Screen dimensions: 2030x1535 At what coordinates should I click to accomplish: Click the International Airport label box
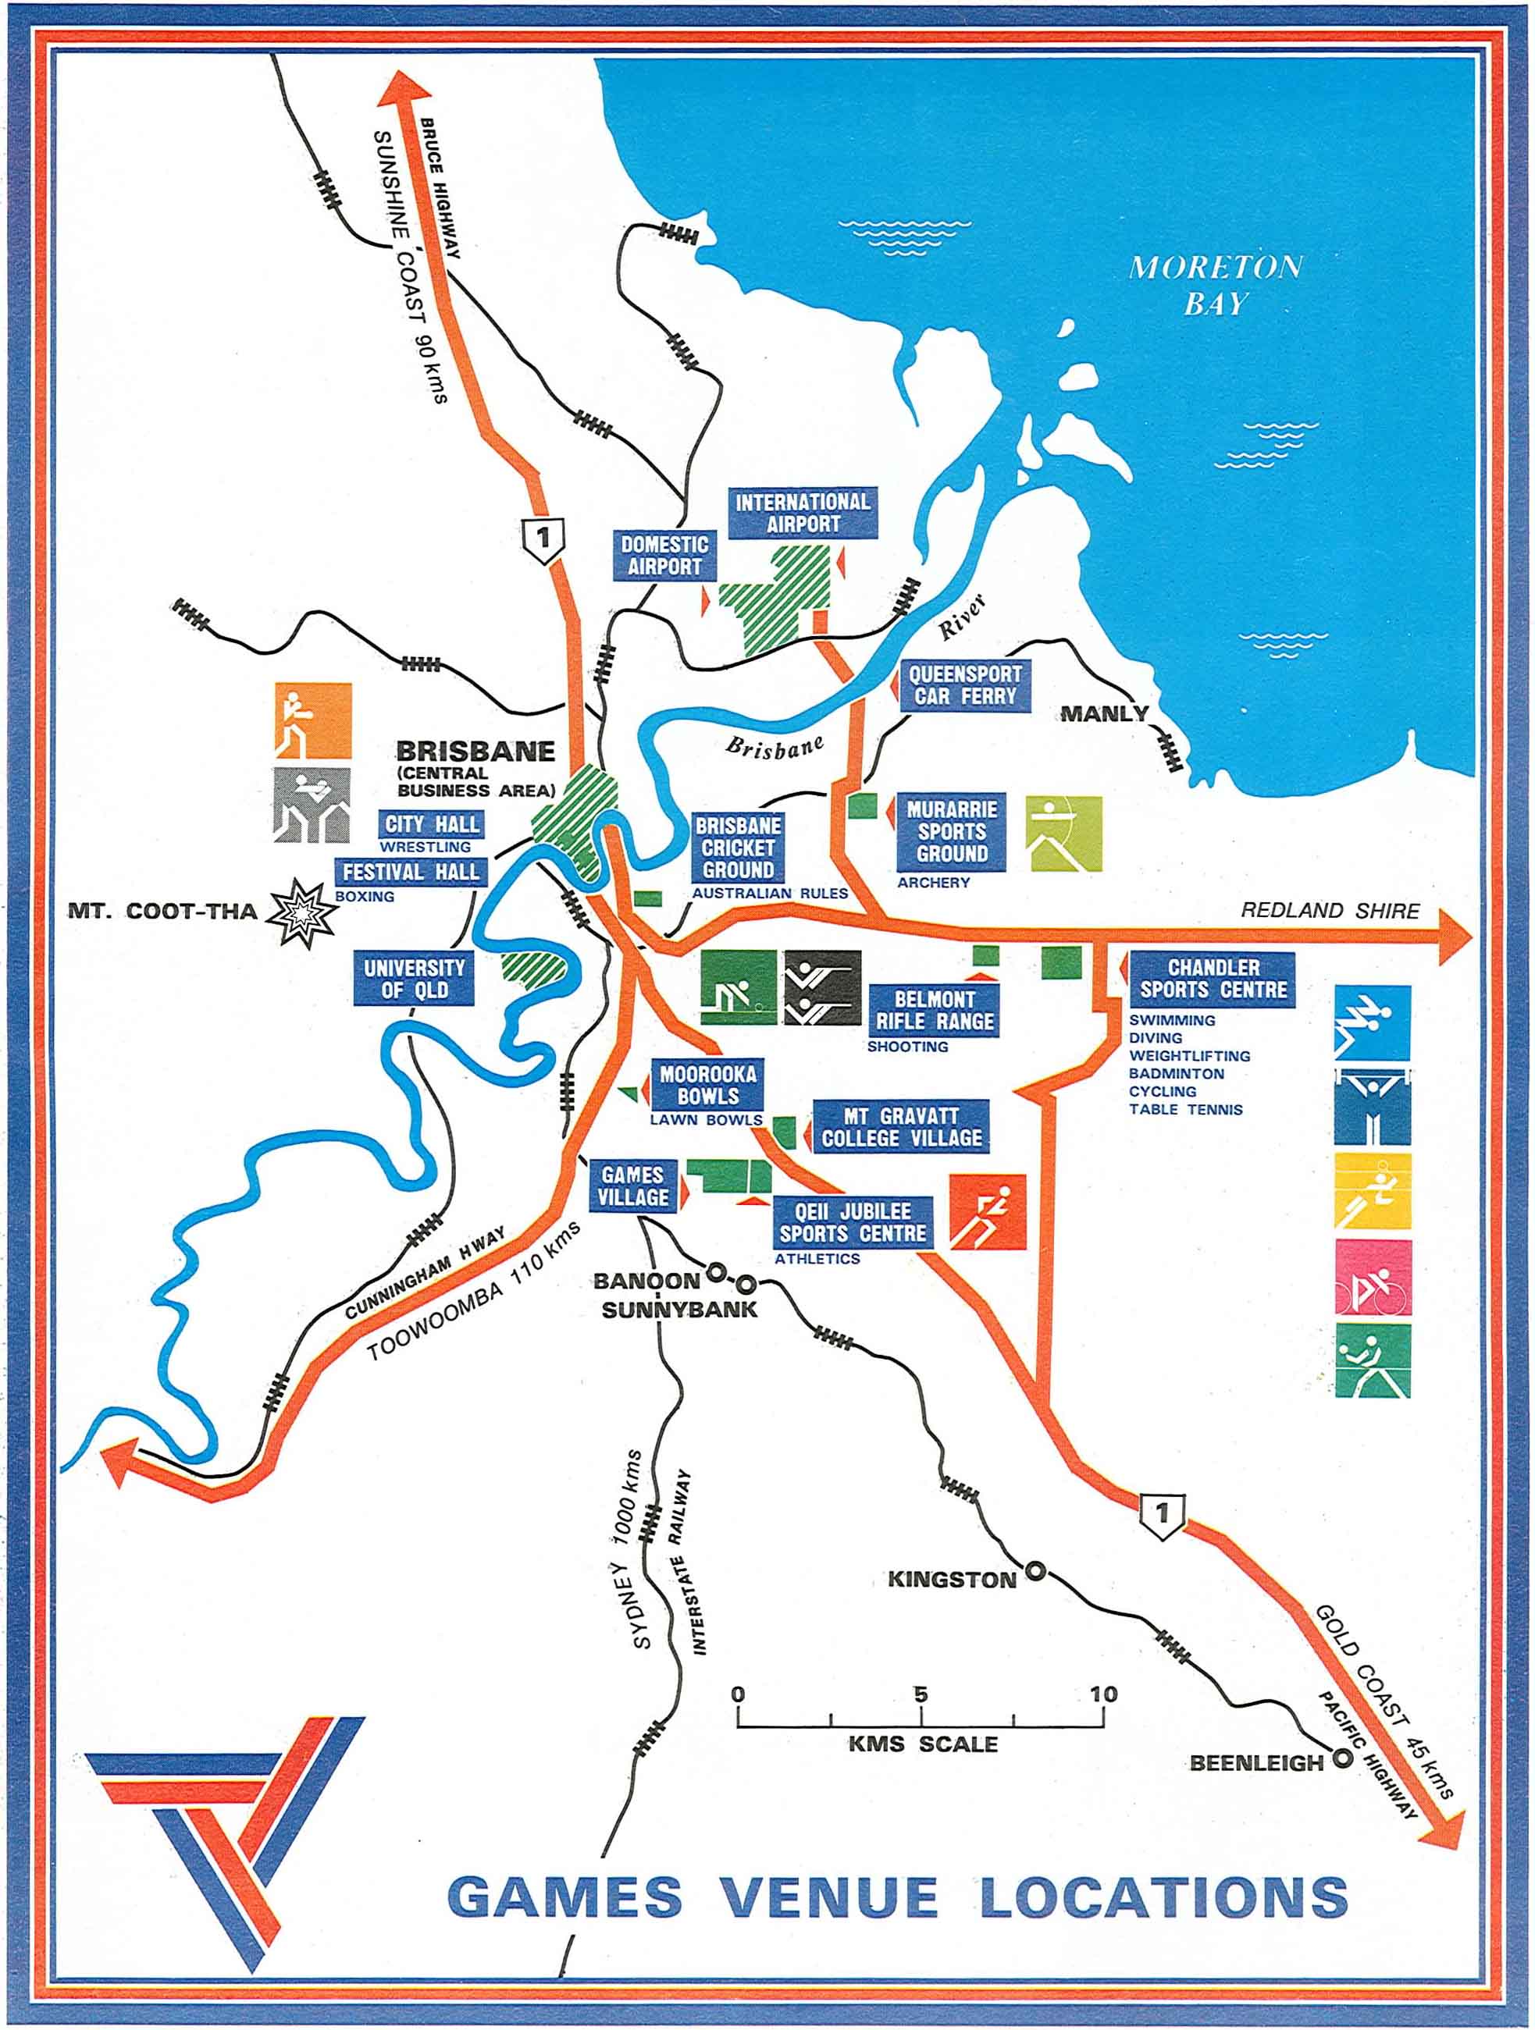(803, 513)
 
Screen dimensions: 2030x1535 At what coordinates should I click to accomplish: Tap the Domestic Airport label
(664, 555)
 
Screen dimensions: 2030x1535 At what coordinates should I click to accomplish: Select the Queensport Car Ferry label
(964, 684)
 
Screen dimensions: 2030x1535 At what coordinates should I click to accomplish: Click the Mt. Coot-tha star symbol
(300, 912)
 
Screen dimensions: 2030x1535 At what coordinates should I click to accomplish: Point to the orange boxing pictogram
(312, 720)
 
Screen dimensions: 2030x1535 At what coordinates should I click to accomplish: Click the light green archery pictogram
(1063, 834)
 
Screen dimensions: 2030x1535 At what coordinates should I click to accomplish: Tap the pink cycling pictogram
(1373, 1278)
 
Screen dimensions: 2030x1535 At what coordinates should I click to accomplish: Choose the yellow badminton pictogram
(1373, 1191)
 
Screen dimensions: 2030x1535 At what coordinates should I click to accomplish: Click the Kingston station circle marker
(1035, 1571)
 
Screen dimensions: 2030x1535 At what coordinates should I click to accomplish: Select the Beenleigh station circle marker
(1342, 1758)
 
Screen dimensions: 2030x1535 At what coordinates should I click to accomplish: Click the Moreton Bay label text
(1216, 285)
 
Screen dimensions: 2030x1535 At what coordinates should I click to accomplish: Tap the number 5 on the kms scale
(920, 1694)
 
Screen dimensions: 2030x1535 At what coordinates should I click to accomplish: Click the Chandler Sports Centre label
(1212, 979)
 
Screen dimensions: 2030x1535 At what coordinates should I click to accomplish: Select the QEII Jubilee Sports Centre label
(853, 1222)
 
